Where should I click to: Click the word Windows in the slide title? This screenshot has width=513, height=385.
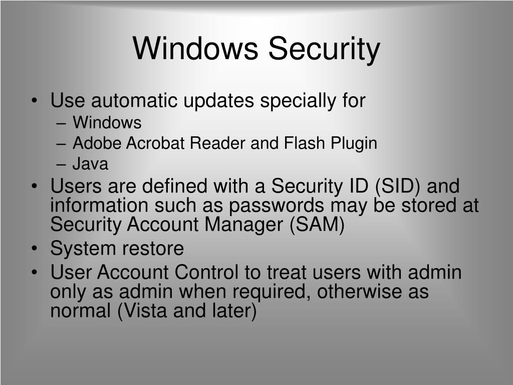pyautogui.click(x=196, y=49)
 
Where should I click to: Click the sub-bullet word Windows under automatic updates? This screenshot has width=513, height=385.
pyautogui.click(x=107, y=123)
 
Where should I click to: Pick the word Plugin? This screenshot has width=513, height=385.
pyautogui.click(x=353, y=143)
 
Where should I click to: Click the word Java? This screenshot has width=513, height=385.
pyautogui.click(x=90, y=164)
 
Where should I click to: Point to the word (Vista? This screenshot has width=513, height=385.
pyautogui.click(x=142, y=311)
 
